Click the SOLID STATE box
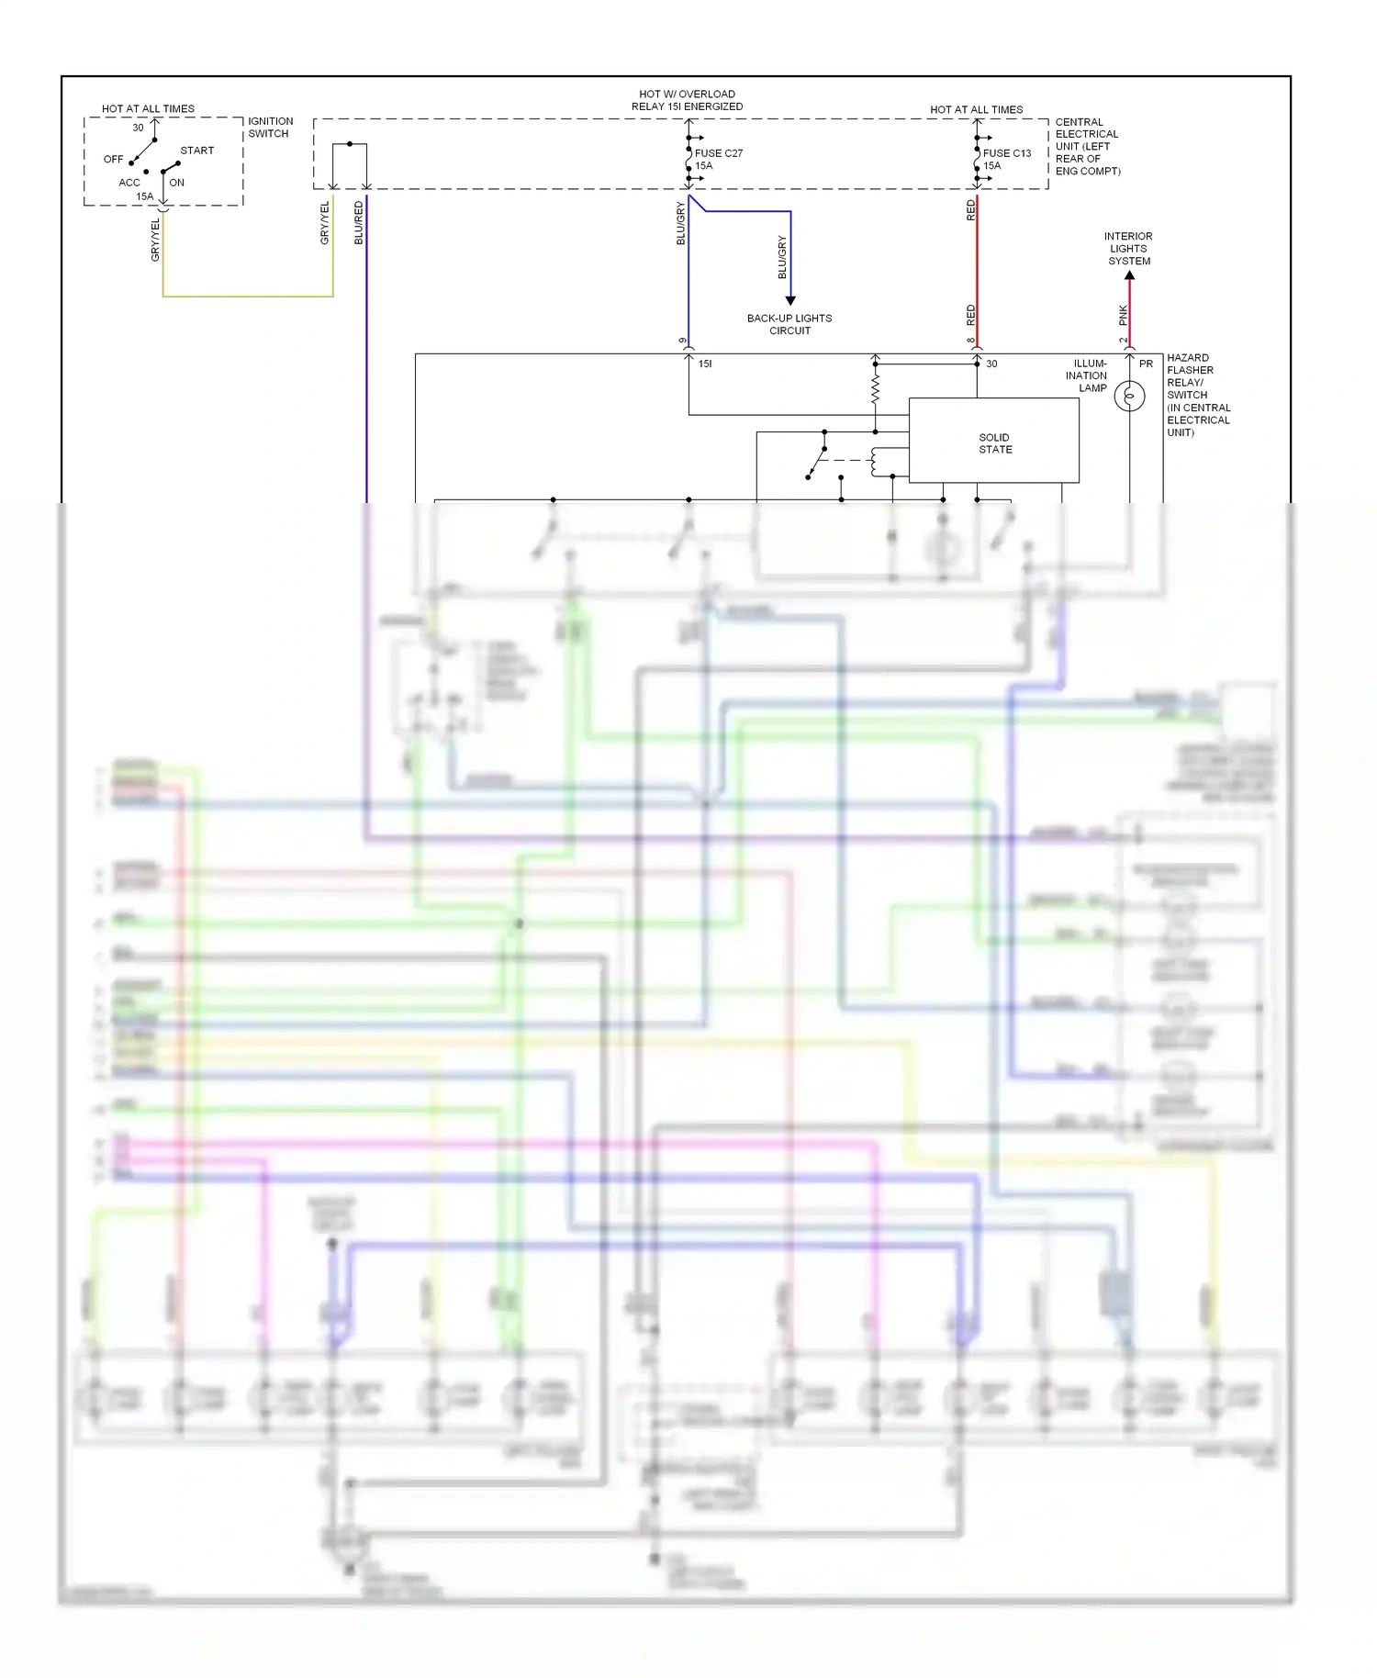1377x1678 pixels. (x=994, y=442)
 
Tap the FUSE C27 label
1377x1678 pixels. (x=718, y=153)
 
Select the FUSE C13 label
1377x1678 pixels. (x=1006, y=153)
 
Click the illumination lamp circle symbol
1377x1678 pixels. (x=1129, y=397)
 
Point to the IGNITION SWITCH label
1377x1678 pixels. (x=270, y=127)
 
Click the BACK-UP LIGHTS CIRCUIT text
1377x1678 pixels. (x=789, y=324)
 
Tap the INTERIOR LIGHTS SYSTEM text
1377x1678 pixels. (x=1128, y=249)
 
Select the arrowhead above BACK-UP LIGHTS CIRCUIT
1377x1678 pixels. (x=790, y=300)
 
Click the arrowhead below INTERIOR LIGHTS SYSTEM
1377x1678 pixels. (x=1129, y=275)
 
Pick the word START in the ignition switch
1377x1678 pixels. (x=196, y=151)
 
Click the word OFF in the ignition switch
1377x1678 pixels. (x=113, y=159)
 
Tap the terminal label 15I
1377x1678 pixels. (x=705, y=364)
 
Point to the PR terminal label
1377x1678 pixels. (x=1146, y=364)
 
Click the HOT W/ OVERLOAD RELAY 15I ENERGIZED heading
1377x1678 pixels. (x=687, y=100)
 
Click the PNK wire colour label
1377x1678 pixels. (x=1123, y=315)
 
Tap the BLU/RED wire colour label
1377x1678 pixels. (x=359, y=223)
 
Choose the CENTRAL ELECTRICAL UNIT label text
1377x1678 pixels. (x=1087, y=146)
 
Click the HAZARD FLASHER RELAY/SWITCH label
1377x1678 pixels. (x=1197, y=395)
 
